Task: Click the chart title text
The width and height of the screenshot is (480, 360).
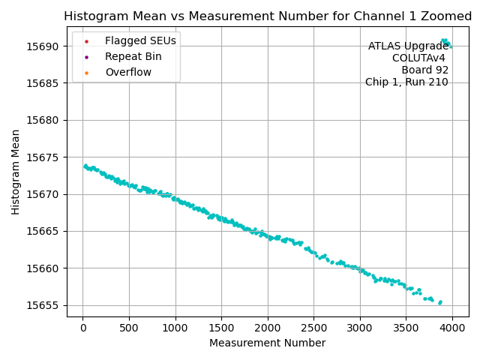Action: pos(268,16)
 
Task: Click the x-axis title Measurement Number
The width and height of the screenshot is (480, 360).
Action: pos(268,343)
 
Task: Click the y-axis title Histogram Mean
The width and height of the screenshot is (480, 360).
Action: pos(16,172)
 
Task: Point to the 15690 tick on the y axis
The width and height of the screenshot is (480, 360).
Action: pos(44,46)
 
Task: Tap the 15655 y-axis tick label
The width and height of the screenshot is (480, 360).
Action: pos(44,305)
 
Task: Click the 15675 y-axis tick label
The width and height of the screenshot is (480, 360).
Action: pos(44,157)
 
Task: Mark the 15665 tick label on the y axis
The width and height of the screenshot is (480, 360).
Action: pos(44,232)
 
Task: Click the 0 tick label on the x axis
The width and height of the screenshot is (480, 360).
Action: pos(82,328)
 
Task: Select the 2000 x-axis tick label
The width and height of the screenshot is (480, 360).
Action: pos(268,328)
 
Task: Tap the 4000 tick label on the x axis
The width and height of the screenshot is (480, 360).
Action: pos(452,328)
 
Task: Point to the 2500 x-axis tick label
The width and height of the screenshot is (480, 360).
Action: pos(313,328)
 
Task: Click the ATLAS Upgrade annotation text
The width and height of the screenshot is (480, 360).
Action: pos(408,46)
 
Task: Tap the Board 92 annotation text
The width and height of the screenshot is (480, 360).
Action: pos(424,70)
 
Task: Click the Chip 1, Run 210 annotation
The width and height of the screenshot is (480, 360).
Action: pos(406,82)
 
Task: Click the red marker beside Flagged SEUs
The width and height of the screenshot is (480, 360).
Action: pos(86,40)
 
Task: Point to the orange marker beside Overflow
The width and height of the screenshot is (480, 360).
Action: pos(86,72)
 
